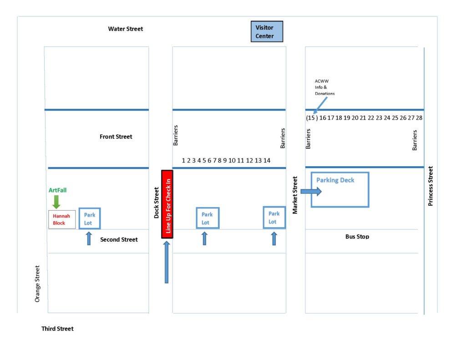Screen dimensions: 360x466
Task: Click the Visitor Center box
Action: point(267,31)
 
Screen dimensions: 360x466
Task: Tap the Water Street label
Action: point(125,29)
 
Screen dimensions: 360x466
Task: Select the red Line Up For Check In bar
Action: point(167,204)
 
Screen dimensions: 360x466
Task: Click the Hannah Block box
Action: point(62,219)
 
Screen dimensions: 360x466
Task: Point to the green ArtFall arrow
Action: point(56,201)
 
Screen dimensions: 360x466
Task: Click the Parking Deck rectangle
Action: point(339,190)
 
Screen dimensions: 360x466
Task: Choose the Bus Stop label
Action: point(357,237)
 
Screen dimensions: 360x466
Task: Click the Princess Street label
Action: point(431,186)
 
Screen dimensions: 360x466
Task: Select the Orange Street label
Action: point(37,284)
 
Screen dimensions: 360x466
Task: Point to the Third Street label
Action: point(57,329)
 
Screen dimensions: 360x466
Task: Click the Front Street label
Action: point(116,137)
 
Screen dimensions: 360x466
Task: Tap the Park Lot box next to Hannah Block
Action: point(89,219)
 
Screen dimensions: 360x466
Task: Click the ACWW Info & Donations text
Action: point(324,87)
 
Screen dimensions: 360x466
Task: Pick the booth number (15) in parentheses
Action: point(311,118)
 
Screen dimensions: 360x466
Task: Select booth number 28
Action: point(419,118)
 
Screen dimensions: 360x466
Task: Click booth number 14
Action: point(267,160)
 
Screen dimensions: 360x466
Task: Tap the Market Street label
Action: point(295,195)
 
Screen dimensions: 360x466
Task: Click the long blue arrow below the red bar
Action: point(167,262)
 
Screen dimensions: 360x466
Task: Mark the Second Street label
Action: point(119,239)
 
